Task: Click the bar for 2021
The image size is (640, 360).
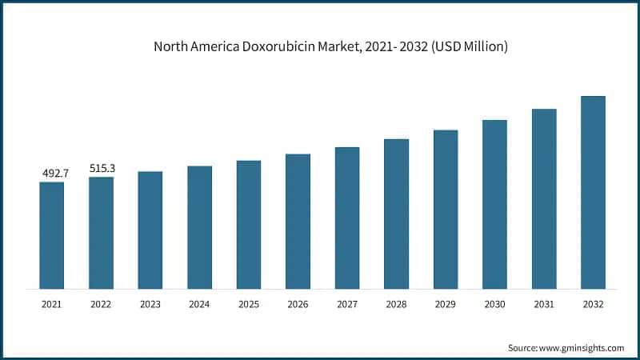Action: pos(52,235)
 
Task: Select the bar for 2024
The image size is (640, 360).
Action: pos(200,227)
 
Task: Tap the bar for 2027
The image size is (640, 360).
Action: pos(347,218)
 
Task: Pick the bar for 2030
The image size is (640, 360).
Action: pos(494,204)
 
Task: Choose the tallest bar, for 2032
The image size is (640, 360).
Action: pos(593,192)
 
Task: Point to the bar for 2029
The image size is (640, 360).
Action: pos(446,209)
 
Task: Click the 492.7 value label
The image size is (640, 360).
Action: pos(53,173)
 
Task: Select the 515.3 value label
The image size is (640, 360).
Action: pos(102,168)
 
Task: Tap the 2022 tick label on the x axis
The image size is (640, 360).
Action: pos(101,304)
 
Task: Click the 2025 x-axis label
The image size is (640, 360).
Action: pos(249,304)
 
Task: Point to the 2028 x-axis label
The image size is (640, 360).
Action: pos(396,304)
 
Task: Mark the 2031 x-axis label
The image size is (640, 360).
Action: pos(544,304)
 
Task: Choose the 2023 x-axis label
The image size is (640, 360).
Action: pos(150,304)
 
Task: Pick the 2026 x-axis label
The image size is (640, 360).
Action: pos(298,304)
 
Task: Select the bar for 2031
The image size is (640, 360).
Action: pos(544,198)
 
